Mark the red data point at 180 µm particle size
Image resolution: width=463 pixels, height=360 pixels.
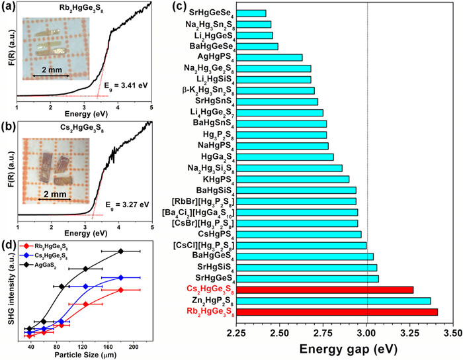click(x=121, y=290)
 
